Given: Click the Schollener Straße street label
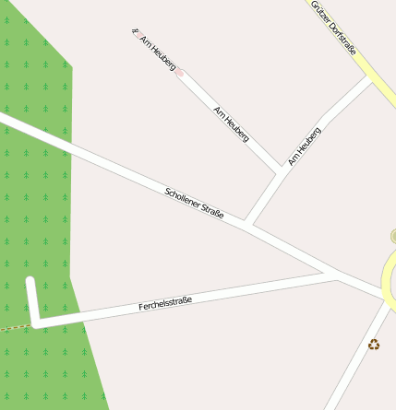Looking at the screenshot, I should coord(195,204).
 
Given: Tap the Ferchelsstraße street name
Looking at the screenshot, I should coord(165,303).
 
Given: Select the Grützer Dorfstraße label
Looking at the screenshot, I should coord(334,28).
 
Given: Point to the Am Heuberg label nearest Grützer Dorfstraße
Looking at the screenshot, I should coord(305,146).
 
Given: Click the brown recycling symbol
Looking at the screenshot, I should coord(374,345).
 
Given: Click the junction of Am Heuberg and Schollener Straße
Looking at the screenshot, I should coord(247,222).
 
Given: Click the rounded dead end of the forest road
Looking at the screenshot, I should coord(30,281).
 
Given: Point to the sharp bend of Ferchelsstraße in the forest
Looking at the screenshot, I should coord(36,322).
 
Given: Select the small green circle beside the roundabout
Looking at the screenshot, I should coord(394,237).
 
